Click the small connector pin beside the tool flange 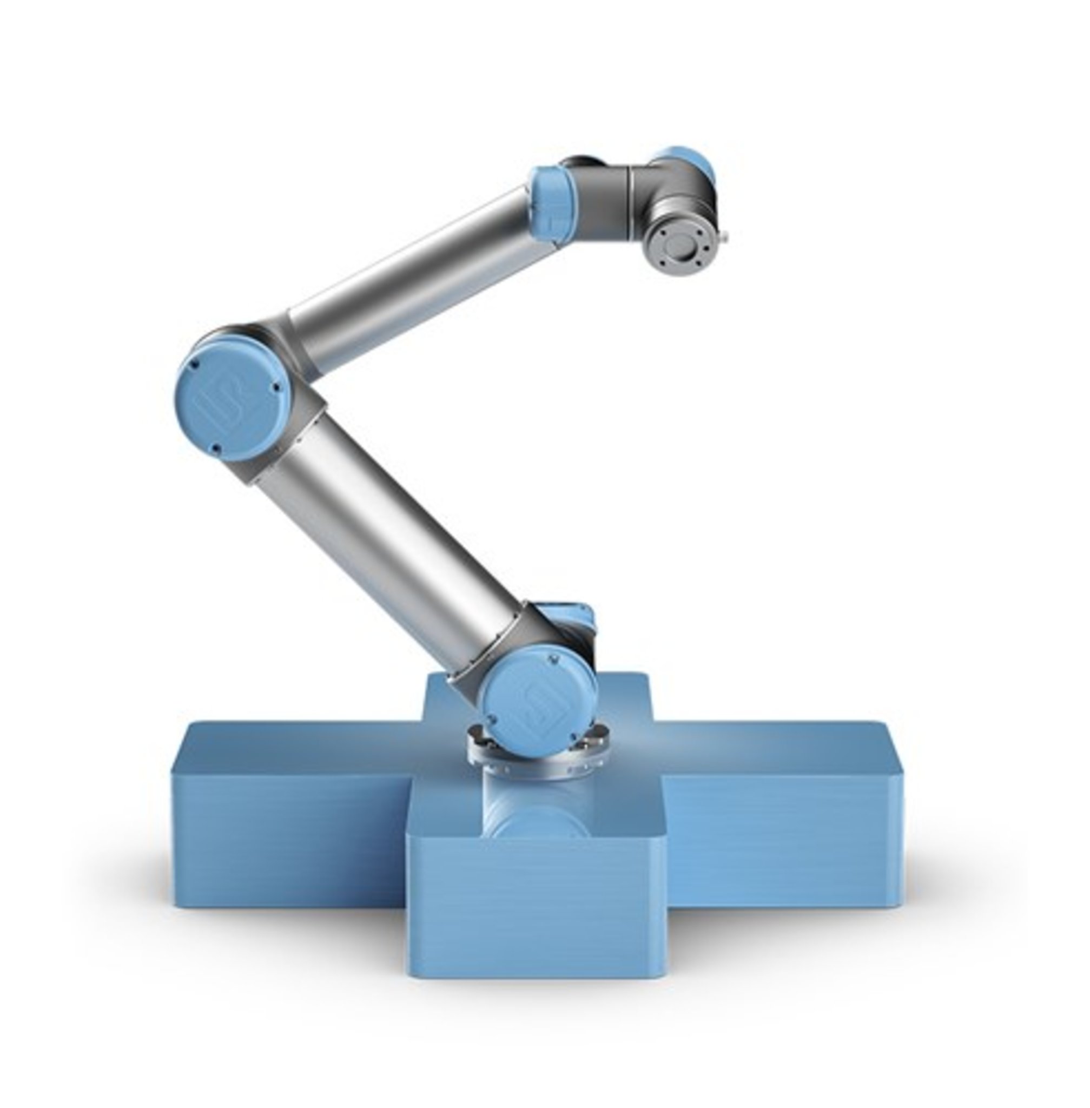(x=728, y=234)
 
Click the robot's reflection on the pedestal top (x=536, y=813)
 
